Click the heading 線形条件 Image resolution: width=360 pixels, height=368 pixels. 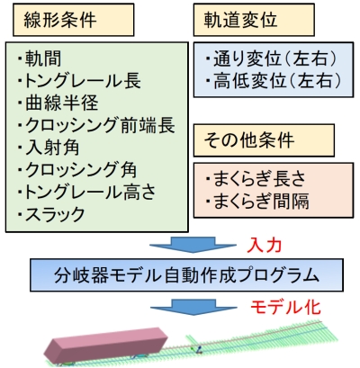tap(60, 20)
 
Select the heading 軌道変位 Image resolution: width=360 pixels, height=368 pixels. tap(240, 20)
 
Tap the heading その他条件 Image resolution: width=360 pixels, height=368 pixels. tap(249, 140)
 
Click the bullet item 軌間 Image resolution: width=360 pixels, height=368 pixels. tap(40, 58)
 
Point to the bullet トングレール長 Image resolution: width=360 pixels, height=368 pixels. tap(79, 81)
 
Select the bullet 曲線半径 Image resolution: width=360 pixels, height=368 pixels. tap(58, 103)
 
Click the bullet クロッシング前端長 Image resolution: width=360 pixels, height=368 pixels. tap(96, 125)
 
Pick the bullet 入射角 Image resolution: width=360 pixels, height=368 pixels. tap(49, 148)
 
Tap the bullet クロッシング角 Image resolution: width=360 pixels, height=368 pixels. tap(77, 169)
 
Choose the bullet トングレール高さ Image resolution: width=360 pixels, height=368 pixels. tap(86, 192)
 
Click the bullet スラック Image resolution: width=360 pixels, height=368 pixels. tap(51, 214)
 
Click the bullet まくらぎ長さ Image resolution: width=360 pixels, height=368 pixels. tap(256, 179)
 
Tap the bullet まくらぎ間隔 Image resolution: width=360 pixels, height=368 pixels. tap(257, 201)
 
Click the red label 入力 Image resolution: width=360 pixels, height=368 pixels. tap(265, 246)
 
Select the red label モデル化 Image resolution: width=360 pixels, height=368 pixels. tap(285, 307)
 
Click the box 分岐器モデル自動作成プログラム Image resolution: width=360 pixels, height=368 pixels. tap(186, 275)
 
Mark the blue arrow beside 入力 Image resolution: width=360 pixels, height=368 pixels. tap(193, 245)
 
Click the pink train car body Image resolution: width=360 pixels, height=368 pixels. tap(105, 345)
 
